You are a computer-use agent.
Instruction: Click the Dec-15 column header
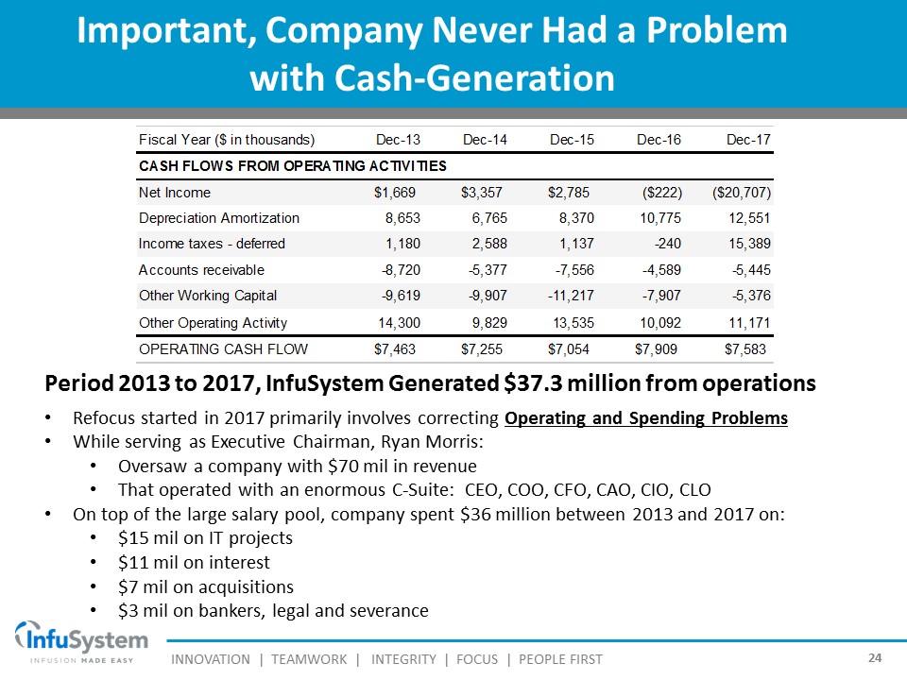(572, 140)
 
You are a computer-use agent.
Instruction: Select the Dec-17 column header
(748, 140)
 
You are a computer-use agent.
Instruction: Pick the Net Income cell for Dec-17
(742, 193)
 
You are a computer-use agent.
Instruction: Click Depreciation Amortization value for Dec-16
(658, 218)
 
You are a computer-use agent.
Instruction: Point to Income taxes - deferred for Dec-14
(488, 244)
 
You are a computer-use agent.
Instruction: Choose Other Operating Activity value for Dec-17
(748, 323)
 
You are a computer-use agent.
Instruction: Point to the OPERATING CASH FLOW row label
(223, 349)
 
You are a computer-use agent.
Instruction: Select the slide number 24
(874, 657)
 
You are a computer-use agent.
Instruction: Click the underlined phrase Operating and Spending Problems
(646, 417)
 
